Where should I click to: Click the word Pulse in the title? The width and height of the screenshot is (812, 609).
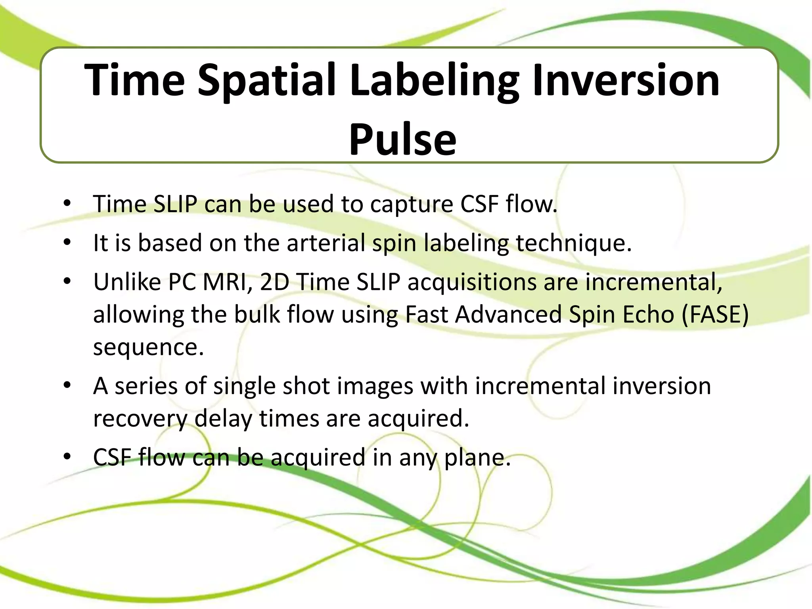(x=402, y=139)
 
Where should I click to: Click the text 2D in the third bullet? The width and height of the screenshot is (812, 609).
(x=274, y=282)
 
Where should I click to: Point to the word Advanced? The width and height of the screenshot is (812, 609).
(x=508, y=314)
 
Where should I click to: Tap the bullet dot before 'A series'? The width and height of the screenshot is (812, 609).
(x=67, y=385)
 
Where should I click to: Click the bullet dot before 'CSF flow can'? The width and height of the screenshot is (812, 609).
(x=67, y=457)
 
